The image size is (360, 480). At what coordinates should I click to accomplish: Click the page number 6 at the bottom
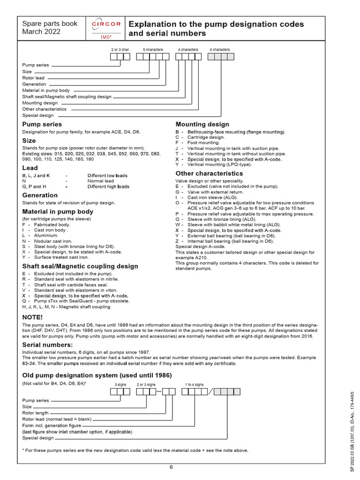pyautogui.click(x=171, y=467)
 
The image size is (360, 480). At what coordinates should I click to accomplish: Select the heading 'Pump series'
pyautogui.click(x=42, y=124)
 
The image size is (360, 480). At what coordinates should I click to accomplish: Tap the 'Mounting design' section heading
pyautogui.click(x=202, y=124)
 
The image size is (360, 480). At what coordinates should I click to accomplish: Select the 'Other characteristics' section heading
pyautogui.click(x=209, y=173)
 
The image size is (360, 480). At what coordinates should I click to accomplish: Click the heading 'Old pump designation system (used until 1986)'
pyautogui.click(x=97, y=375)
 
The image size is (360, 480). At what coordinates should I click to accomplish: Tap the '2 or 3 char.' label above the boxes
pyautogui.click(x=120, y=49)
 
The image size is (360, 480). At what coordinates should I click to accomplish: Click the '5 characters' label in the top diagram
pyautogui.click(x=152, y=49)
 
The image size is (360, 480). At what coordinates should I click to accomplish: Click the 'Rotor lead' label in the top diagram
pyautogui.click(x=33, y=78)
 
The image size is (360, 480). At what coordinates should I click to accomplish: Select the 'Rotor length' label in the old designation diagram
pyautogui.click(x=36, y=413)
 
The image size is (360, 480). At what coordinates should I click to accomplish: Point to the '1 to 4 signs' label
pyautogui.click(x=194, y=384)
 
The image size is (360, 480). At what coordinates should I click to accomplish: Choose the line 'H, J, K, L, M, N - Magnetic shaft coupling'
pyautogui.click(x=66, y=307)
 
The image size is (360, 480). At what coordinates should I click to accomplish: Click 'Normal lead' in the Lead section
pyautogui.click(x=100, y=181)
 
